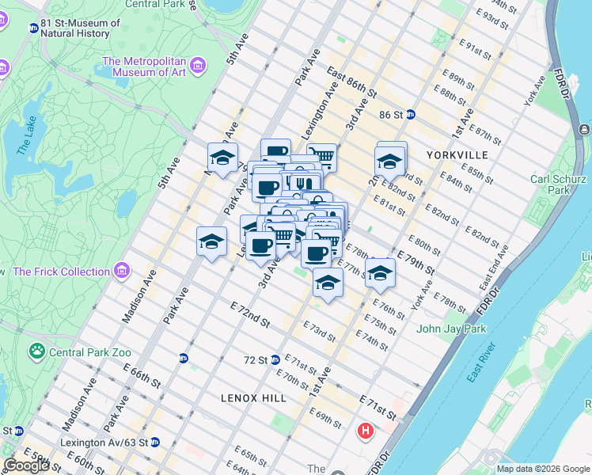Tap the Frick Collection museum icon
click(x=120, y=272)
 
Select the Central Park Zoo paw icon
click(x=37, y=349)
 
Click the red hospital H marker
click(x=365, y=431)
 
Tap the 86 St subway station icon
click(x=411, y=114)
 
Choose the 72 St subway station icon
click(x=275, y=359)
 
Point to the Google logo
click(x=26, y=465)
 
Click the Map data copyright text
click(x=542, y=469)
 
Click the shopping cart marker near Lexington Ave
click(x=321, y=157)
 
